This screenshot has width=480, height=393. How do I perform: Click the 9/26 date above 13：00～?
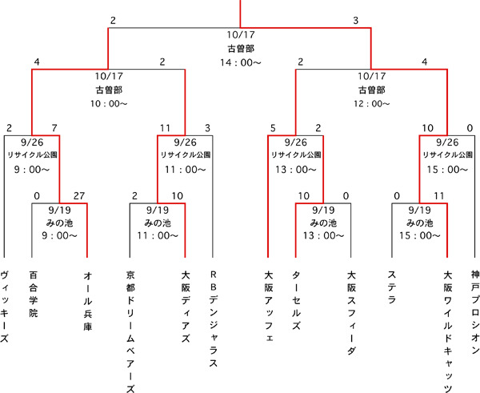click(295, 141)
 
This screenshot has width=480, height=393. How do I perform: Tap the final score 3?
click(355, 20)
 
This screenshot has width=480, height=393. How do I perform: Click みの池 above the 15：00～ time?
click(420, 223)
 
